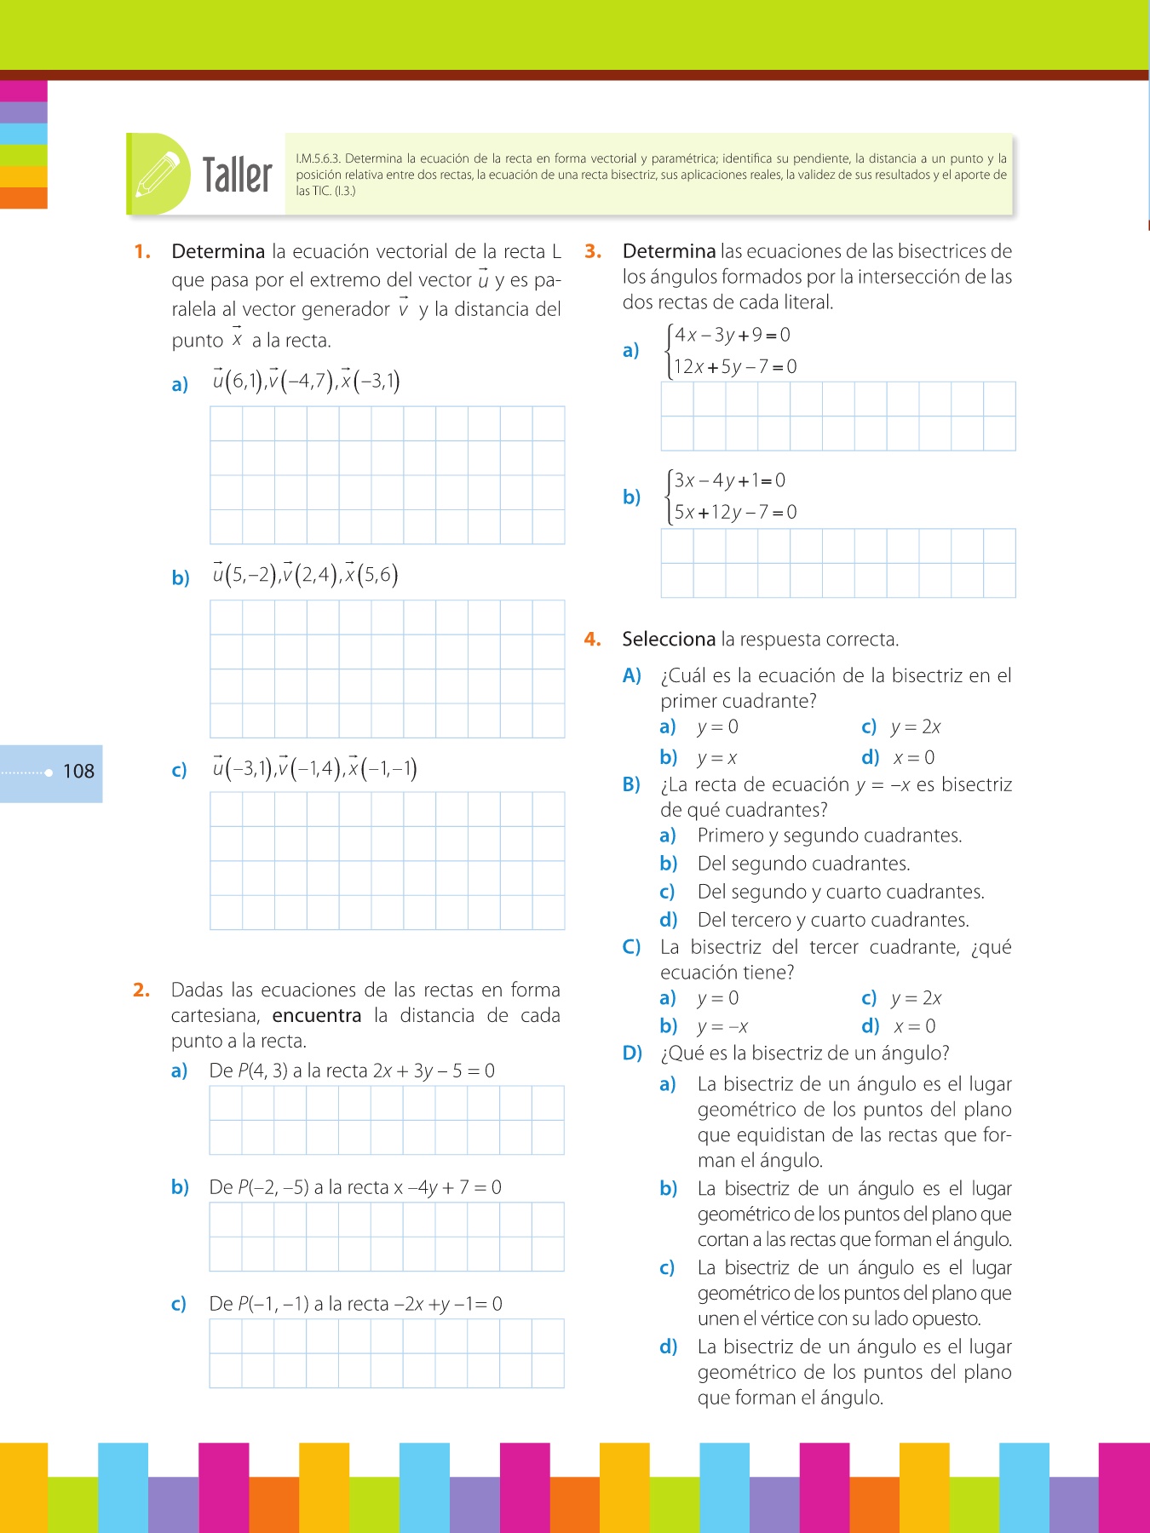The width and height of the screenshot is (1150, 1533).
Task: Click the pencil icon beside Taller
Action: tap(159, 174)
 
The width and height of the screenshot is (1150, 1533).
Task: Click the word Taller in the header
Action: tap(237, 175)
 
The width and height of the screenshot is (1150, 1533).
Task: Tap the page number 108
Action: tap(78, 772)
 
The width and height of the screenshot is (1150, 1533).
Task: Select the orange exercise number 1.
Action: tap(142, 252)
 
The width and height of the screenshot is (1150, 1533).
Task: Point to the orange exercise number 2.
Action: tap(141, 990)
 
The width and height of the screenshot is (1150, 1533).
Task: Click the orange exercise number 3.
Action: tap(593, 252)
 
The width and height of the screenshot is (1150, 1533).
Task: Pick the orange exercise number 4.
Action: tap(593, 640)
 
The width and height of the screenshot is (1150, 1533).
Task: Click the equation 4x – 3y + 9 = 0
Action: tap(732, 335)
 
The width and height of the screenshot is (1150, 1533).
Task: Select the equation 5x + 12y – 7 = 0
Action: tap(735, 512)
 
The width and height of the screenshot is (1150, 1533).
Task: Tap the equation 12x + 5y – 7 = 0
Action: tap(735, 367)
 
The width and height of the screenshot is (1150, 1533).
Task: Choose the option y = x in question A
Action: tap(716, 758)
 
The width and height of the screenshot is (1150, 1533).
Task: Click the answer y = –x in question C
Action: tap(722, 1027)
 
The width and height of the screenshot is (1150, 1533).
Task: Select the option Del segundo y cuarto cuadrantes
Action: tap(840, 892)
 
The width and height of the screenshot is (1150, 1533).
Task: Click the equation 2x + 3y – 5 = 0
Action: tap(434, 1071)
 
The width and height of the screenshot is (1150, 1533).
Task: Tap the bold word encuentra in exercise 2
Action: tap(317, 1015)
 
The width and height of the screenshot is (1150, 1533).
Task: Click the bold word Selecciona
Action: tap(669, 640)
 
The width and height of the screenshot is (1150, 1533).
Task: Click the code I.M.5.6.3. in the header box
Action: tap(319, 158)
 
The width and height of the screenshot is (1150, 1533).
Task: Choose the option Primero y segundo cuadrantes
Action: tap(829, 835)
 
